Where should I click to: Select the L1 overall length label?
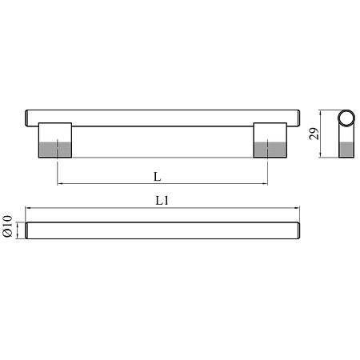[x=161, y=203]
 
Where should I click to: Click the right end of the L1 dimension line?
[x=298, y=210]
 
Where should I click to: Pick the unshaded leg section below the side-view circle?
[x=346, y=137]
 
